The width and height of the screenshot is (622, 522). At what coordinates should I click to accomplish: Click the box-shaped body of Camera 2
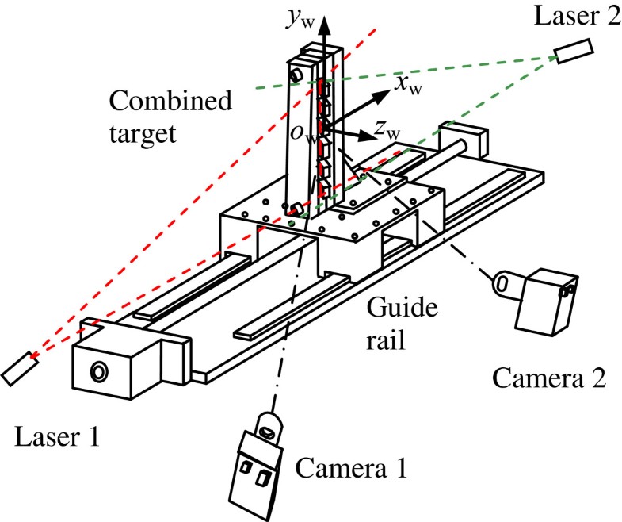[x=548, y=301]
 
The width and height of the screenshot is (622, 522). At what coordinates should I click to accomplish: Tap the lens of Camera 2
[x=503, y=282]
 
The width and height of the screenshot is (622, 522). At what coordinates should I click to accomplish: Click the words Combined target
[x=171, y=116]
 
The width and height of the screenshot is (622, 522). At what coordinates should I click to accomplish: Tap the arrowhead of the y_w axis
[x=324, y=25]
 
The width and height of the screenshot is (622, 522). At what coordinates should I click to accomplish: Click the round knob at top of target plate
[x=298, y=74]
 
